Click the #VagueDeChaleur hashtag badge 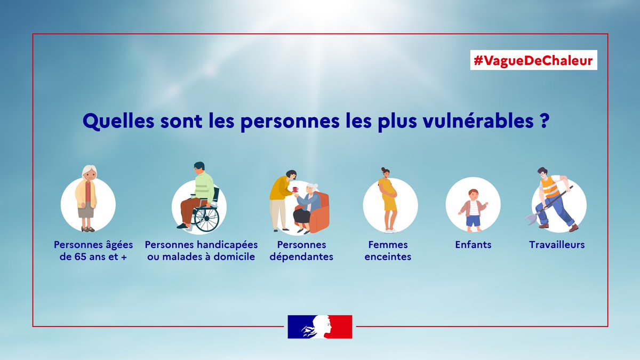[533, 61]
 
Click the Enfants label [473, 245]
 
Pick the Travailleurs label [557, 245]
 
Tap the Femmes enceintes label [388, 251]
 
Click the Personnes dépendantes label [303, 251]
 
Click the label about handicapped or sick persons [201, 251]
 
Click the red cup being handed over [295, 189]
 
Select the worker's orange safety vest [549, 187]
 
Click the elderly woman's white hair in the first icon [89, 170]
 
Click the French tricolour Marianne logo [320, 326]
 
